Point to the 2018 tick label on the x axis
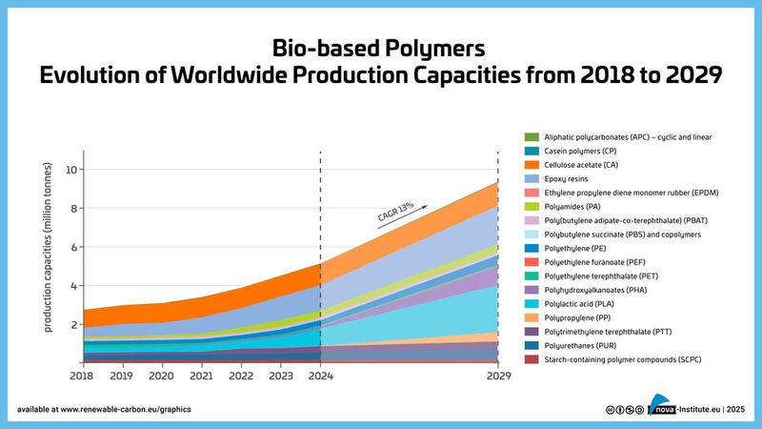[x=84, y=376]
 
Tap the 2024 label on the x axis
[x=320, y=376]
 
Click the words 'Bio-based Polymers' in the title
[x=380, y=47]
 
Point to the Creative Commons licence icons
[x=624, y=409]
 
